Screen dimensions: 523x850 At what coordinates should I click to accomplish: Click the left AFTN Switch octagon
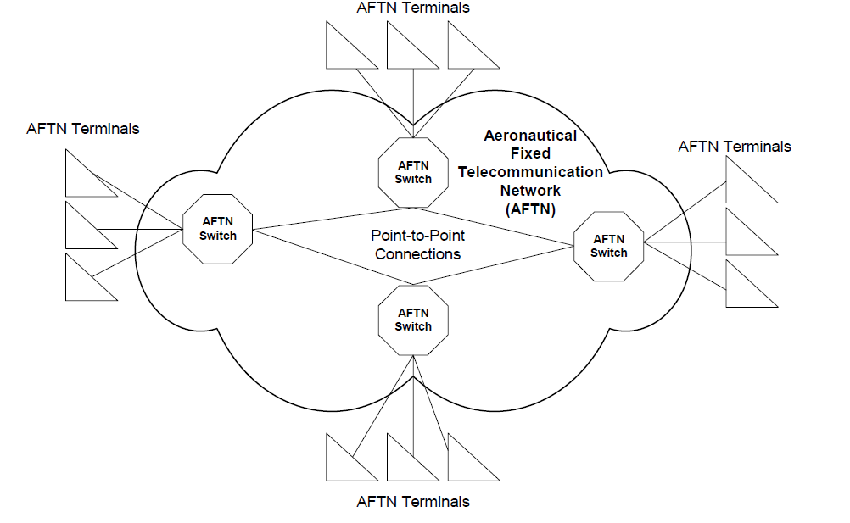218,229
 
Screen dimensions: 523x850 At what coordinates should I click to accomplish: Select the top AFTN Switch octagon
413,172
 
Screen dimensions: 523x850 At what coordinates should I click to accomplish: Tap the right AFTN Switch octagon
608,246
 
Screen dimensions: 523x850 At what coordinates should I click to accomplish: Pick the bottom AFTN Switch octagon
413,320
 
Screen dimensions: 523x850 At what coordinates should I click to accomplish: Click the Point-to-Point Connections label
417,245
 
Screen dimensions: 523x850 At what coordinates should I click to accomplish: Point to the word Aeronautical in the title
529,136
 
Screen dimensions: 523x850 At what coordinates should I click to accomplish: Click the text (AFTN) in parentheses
529,208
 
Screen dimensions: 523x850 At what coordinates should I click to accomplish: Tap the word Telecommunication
530,172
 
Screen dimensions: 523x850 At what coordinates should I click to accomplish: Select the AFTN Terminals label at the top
413,8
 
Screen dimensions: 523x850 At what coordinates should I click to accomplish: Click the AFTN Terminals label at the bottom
413,501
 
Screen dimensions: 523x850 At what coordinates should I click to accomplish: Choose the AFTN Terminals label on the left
83,129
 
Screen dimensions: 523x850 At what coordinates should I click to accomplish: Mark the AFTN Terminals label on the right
735,147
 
